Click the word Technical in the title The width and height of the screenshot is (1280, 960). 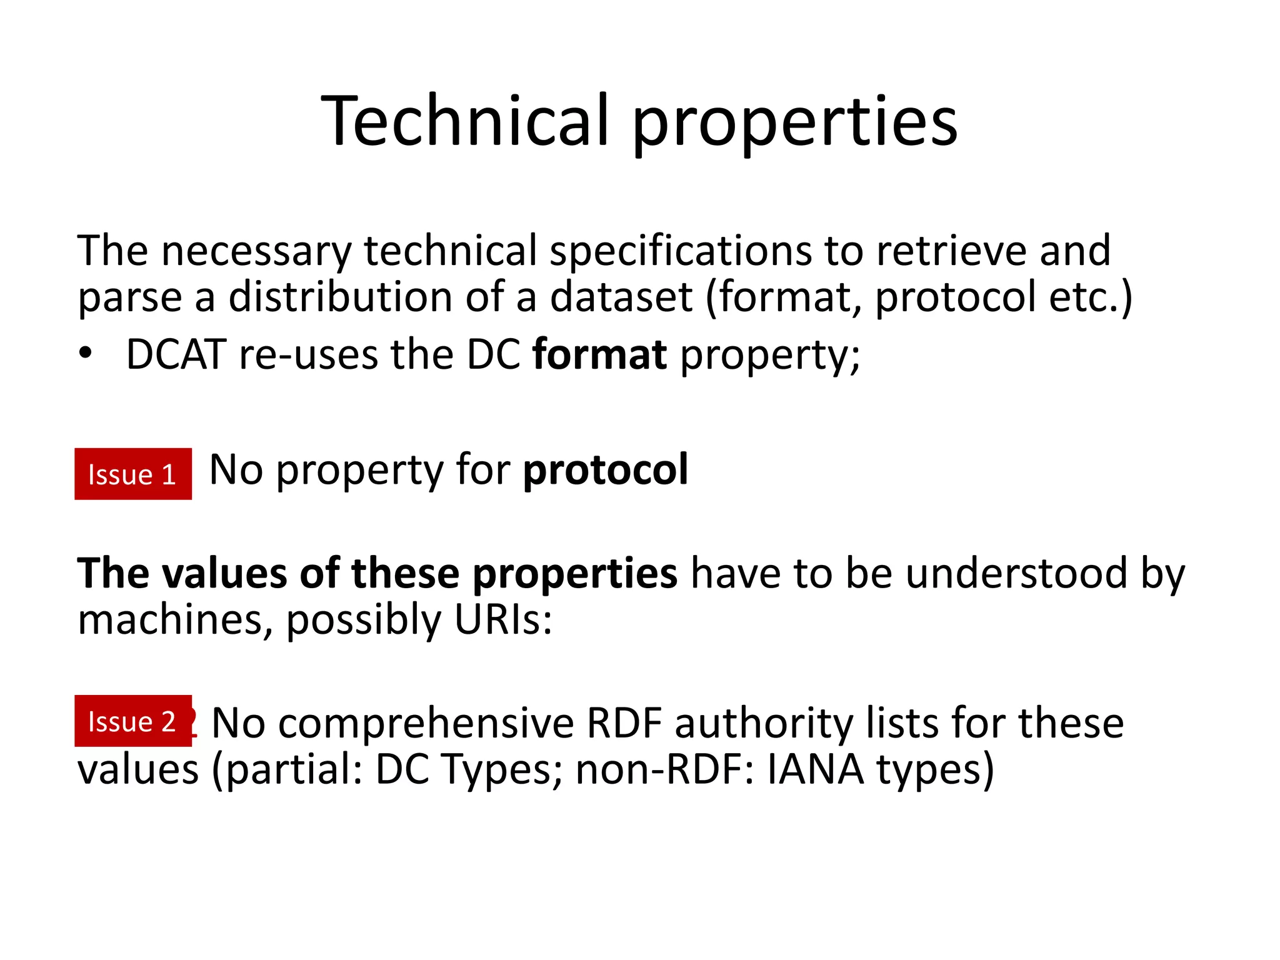(465, 121)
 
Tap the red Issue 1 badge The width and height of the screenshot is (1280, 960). (133, 474)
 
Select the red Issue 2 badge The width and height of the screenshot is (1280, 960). (133, 721)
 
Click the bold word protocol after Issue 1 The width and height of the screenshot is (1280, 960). (605, 470)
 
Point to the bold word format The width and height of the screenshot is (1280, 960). (599, 354)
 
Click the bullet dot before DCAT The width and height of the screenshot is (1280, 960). (86, 354)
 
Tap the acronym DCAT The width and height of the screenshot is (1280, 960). (176, 354)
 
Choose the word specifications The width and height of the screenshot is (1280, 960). (680, 251)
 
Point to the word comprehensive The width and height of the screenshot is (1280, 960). (426, 724)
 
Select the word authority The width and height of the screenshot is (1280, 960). (763, 724)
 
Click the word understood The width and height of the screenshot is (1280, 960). (1016, 573)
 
